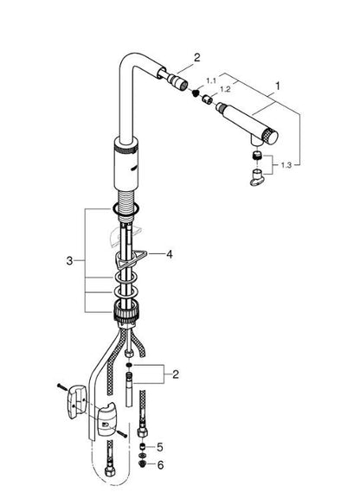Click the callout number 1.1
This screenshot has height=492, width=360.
pyautogui.click(x=211, y=81)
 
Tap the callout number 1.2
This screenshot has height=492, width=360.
pyautogui.click(x=225, y=89)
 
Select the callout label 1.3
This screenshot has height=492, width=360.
pyautogui.click(x=286, y=165)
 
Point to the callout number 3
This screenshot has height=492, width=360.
pyautogui.click(x=69, y=260)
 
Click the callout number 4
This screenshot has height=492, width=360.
pyautogui.click(x=170, y=254)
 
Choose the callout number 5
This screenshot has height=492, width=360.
pyautogui.click(x=160, y=447)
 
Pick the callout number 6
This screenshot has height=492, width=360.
pyautogui.click(x=160, y=465)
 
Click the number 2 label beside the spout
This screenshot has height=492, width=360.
pyautogui.click(x=197, y=58)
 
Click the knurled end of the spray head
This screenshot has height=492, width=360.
pyautogui.click(x=269, y=137)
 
